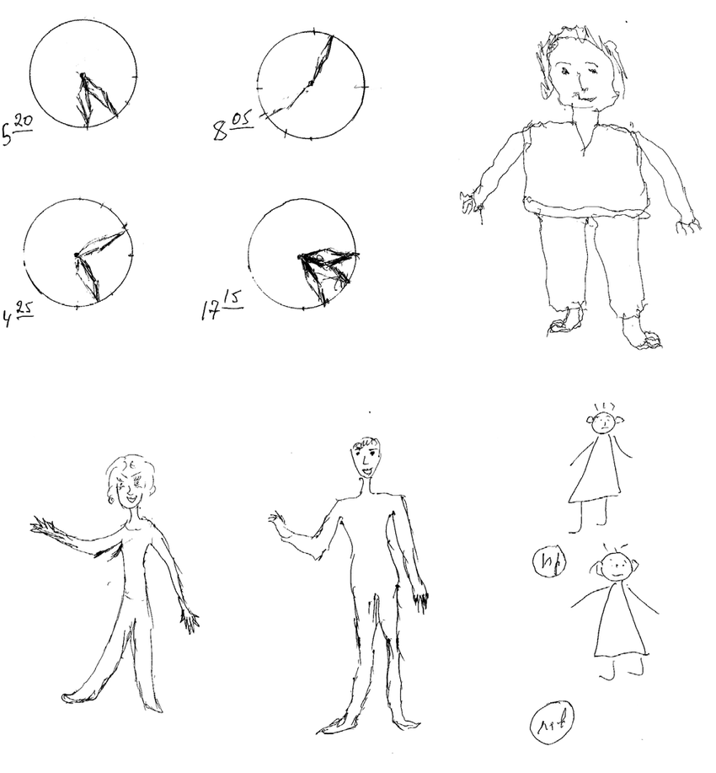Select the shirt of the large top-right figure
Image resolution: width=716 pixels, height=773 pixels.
click(x=585, y=164)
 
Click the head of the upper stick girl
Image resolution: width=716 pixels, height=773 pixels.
click(x=604, y=423)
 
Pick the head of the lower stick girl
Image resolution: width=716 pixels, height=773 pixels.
click(x=618, y=565)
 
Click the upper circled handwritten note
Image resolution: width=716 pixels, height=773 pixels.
click(x=548, y=561)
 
